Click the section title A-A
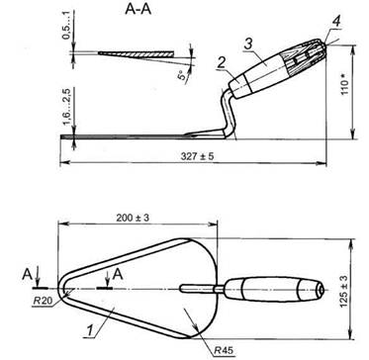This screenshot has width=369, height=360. click(x=138, y=9)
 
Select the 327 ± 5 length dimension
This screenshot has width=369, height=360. click(x=197, y=156)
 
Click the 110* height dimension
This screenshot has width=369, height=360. click(x=344, y=85)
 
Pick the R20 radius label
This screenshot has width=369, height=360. click(x=42, y=301)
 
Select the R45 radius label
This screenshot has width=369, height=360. click(x=224, y=350)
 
